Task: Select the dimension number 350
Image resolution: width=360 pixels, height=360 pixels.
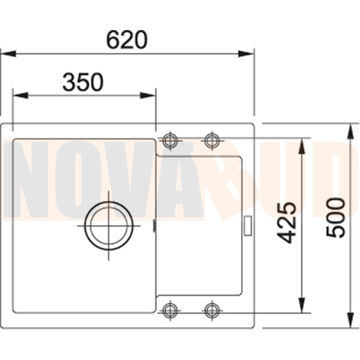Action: [83, 82]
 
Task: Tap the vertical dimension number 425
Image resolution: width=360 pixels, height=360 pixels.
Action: [287, 222]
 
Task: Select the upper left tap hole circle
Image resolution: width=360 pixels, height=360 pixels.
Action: [170, 140]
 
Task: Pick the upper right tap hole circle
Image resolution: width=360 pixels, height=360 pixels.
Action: [212, 140]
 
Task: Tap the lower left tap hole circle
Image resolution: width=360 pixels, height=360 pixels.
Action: [170, 309]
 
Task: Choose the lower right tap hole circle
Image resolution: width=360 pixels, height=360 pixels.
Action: [212, 309]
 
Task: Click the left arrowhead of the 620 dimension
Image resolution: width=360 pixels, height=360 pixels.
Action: [8, 53]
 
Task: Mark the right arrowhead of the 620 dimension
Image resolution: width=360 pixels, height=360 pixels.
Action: [247, 53]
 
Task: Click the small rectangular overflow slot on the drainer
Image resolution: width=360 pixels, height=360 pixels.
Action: [248, 225]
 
